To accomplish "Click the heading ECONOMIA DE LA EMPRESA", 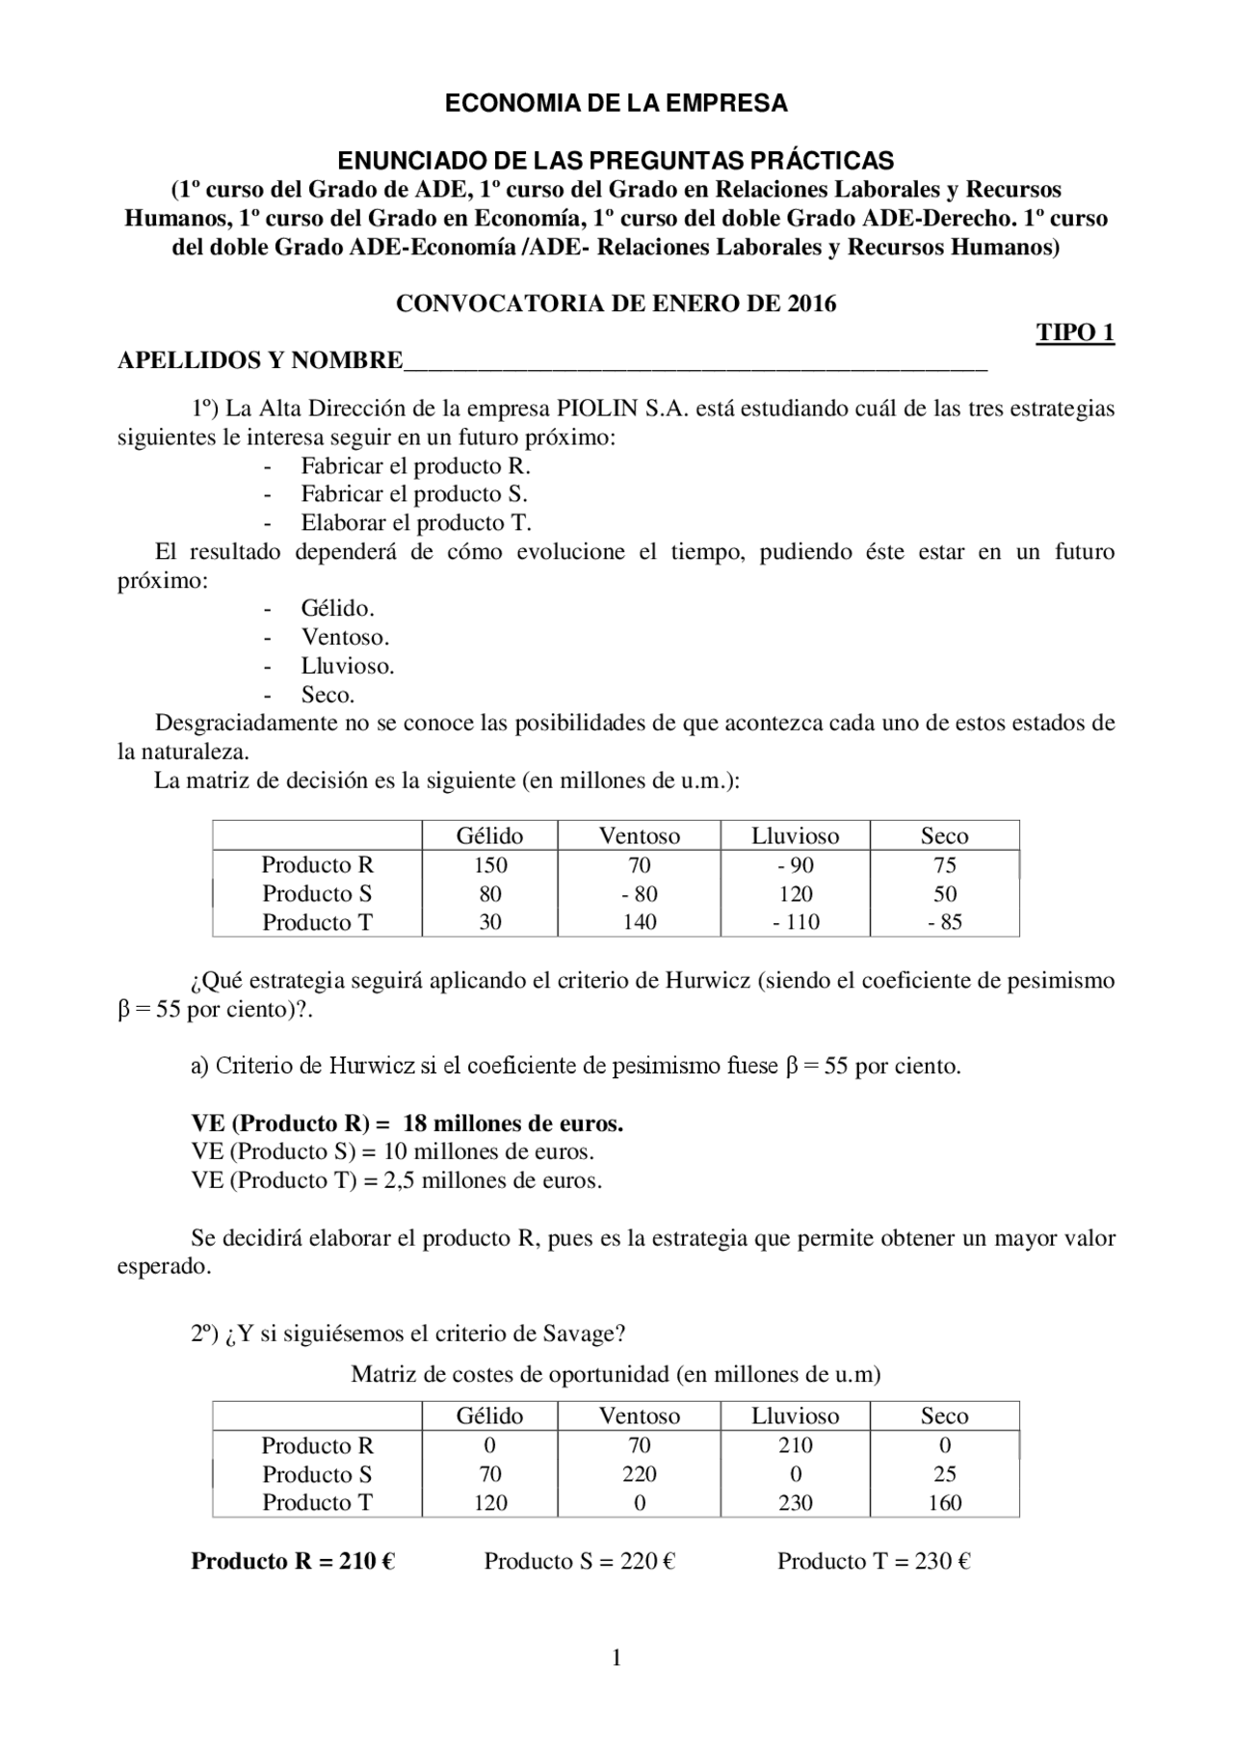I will point(616,104).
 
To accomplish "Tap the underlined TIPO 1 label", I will point(1075,333).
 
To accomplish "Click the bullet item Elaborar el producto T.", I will point(415,523).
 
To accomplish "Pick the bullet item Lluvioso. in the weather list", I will point(347,666).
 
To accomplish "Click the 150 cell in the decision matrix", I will point(489,865).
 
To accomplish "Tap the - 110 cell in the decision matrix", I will point(796,922).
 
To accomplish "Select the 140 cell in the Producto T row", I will point(639,922).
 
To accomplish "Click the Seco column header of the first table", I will point(944,835).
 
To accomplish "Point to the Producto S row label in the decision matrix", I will point(317,893).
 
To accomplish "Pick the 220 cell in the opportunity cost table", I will point(639,1474).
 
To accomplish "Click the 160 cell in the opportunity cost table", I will point(944,1502).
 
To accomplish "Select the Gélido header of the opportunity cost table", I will point(489,1415).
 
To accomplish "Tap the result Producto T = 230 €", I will point(873,1561).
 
